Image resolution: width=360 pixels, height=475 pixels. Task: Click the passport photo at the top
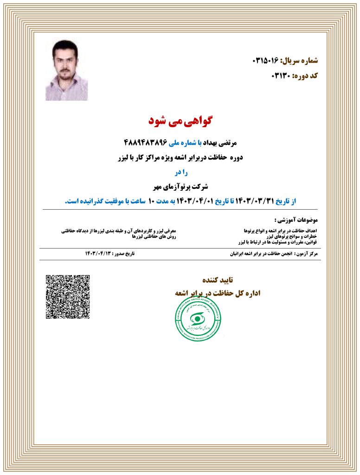(66, 70)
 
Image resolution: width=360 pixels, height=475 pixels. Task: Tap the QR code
(67, 297)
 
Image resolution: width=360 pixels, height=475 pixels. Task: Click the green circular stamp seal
(198, 318)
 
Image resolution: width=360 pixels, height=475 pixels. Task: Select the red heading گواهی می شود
(180, 121)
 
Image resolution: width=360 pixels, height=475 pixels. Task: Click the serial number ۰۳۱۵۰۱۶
(265, 61)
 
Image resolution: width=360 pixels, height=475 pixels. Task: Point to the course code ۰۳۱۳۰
(280, 75)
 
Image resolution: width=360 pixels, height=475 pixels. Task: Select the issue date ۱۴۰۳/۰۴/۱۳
(99, 253)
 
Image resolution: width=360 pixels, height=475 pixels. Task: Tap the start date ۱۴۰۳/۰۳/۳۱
(256, 201)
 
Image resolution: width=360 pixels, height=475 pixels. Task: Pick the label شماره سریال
(299, 61)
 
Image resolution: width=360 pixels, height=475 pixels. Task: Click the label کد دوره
(305, 75)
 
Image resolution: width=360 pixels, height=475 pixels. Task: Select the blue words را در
(180, 173)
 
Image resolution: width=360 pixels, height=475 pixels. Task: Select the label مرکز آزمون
(309, 254)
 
